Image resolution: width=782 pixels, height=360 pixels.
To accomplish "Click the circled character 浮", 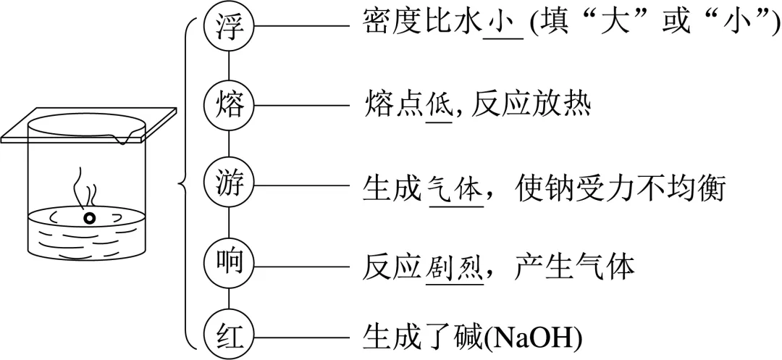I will pyautogui.click(x=229, y=26).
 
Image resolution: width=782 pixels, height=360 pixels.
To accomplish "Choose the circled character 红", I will pyautogui.click(x=229, y=335).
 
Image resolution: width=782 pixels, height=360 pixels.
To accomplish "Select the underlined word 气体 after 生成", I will pyautogui.click(x=455, y=191).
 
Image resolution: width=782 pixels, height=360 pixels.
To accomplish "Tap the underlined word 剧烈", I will pyautogui.click(x=455, y=267).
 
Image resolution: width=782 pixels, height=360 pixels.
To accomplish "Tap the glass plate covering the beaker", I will pyautogui.click(x=87, y=123).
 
